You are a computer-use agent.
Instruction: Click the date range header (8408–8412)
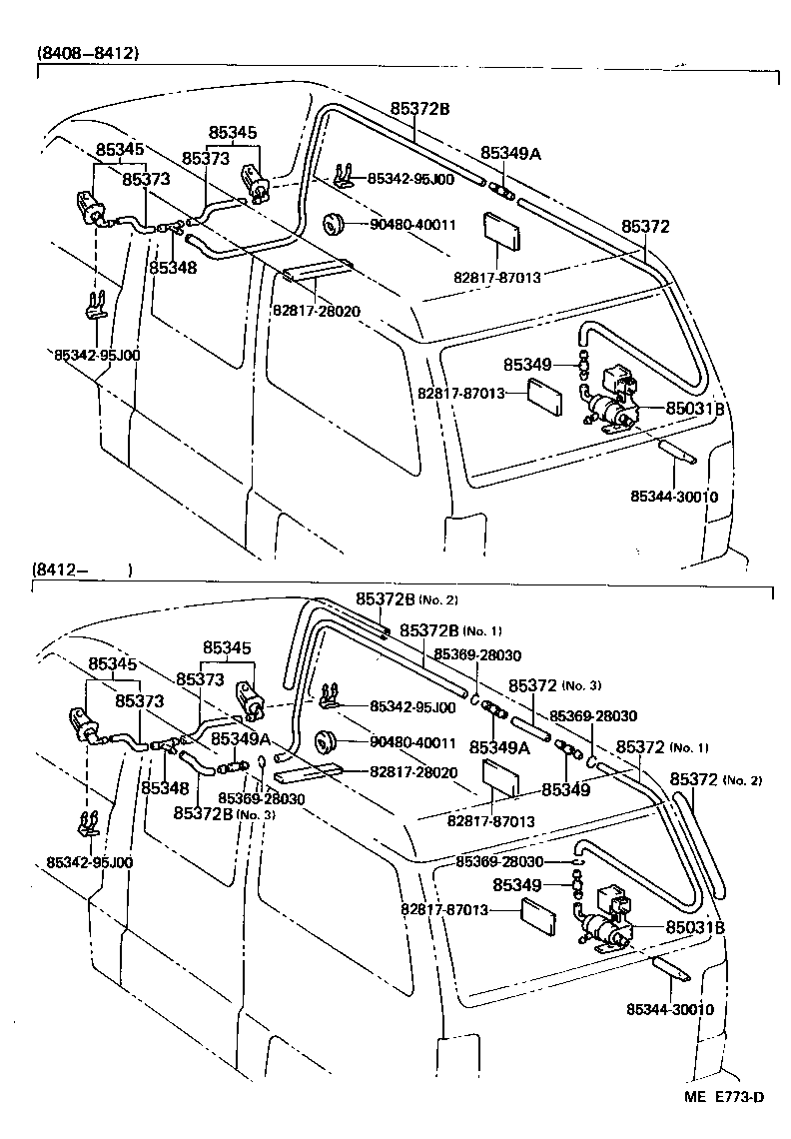click(88, 53)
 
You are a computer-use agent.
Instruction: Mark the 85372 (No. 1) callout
click(661, 747)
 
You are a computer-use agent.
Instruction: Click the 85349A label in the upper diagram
click(510, 153)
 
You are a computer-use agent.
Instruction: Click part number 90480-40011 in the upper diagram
click(412, 225)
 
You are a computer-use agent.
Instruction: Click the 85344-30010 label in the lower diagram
click(671, 1009)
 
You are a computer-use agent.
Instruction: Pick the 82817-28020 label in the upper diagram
click(316, 311)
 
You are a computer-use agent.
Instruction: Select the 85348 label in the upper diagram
click(173, 268)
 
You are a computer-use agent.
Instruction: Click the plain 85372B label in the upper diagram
click(419, 109)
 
